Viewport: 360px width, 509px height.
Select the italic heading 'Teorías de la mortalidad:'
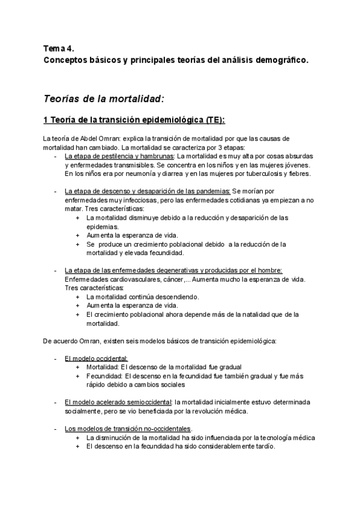pos(104,98)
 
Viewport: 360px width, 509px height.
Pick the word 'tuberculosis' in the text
pos(250,173)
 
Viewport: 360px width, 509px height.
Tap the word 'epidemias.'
pos(102,227)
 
